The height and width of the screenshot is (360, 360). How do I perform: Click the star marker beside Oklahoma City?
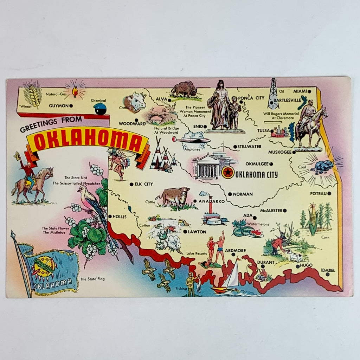(x=228, y=173)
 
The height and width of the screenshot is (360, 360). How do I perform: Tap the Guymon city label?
(x=58, y=105)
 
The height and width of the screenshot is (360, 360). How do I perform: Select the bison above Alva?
(x=184, y=89)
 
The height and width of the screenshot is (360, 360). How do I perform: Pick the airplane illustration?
(x=191, y=140)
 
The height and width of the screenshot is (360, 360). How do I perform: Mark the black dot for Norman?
(x=230, y=194)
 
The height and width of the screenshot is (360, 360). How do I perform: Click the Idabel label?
(x=327, y=270)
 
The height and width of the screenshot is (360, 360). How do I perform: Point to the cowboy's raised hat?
(x=17, y=155)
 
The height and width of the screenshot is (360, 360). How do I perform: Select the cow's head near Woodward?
(x=135, y=102)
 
